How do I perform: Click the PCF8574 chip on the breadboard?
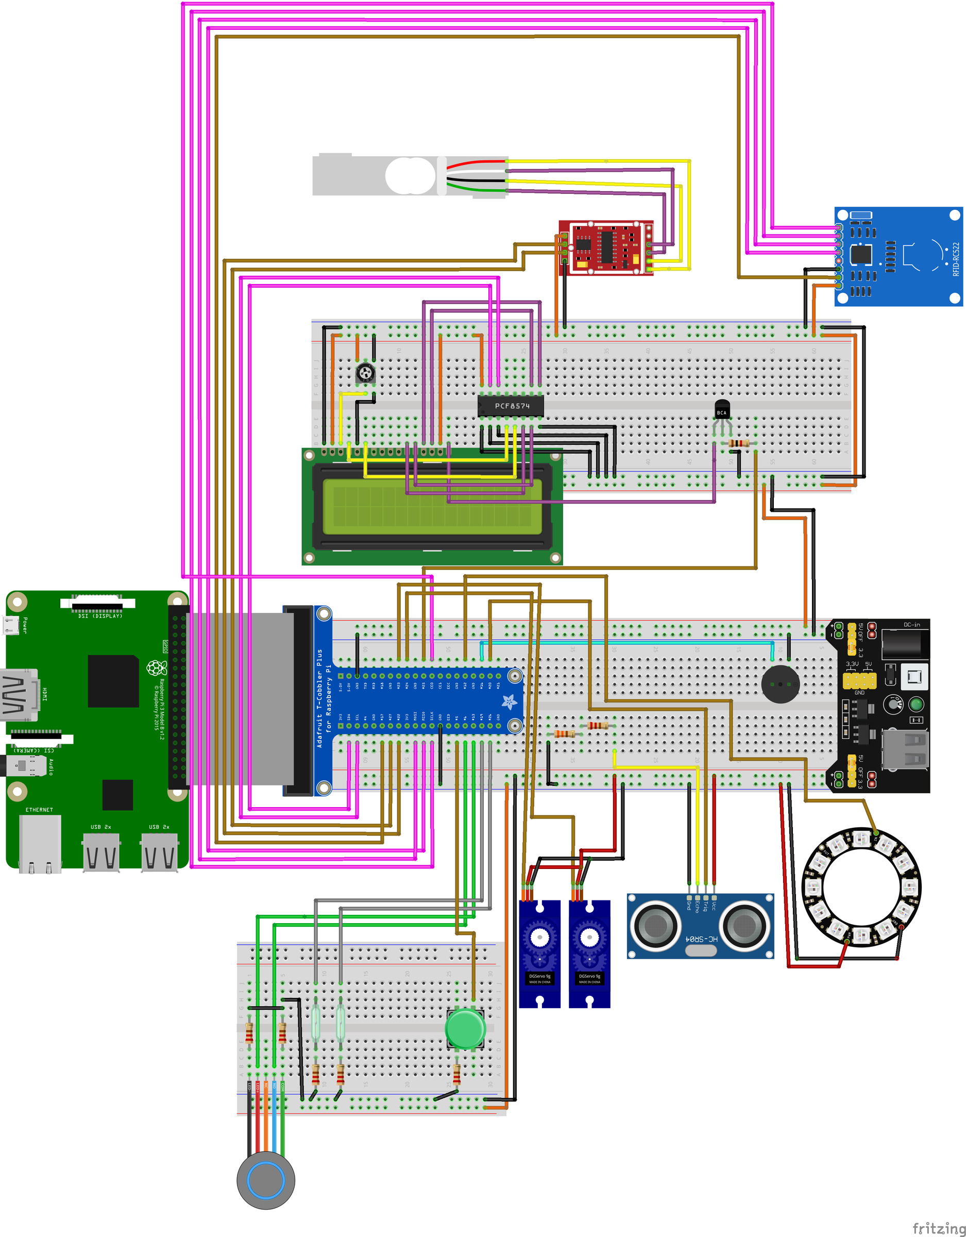coord(511,406)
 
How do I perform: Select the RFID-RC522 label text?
coord(956,259)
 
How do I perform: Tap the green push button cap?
coord(464,1029)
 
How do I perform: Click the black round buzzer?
coord(781,683)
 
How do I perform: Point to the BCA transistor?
coord(721,410)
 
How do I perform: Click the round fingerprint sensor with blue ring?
coord(265,1180)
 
